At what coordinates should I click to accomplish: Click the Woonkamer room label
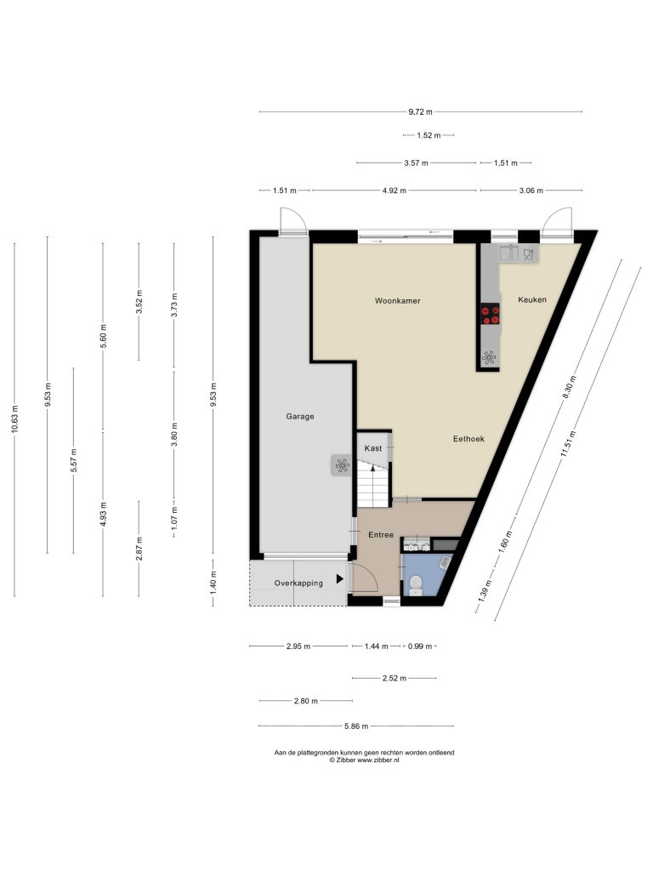(397, 300)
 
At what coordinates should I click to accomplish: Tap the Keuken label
(532, 299)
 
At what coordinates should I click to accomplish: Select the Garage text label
(300, 416)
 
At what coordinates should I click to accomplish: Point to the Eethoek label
(468, 439)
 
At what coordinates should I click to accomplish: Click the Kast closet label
(373, 447)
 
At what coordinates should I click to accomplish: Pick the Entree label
(381, 535)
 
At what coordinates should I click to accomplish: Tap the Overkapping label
(298, 584)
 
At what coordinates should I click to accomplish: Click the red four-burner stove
(491, 314)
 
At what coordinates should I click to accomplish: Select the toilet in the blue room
(416, 585)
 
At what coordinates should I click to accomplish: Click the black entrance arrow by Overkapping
(340, 579)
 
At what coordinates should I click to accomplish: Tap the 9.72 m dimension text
(420, 111)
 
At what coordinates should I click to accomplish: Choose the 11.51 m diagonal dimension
(566, 444)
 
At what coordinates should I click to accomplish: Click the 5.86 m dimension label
(356, 726)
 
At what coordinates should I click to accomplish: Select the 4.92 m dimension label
(395, 191)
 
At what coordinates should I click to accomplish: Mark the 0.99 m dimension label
(420, 646)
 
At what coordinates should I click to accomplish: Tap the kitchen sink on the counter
(508, 253)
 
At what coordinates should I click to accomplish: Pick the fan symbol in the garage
(342, 465)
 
